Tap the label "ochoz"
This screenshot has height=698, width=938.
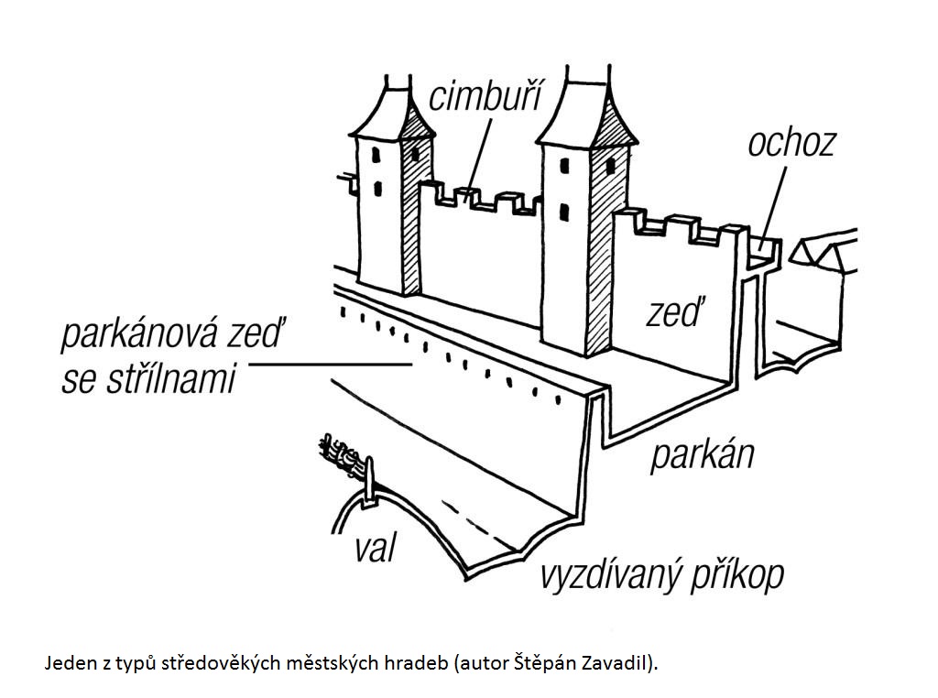pos(791,144)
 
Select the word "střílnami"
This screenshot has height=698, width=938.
pos(170,378)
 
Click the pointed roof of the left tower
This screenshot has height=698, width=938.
pos(392,113)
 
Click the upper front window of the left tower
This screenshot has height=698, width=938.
pos(376,155)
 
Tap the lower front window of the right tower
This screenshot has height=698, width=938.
pos(564,212)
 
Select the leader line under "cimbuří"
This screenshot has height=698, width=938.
pos(478,156)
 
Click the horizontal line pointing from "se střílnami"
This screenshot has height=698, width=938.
pos(330,364)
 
